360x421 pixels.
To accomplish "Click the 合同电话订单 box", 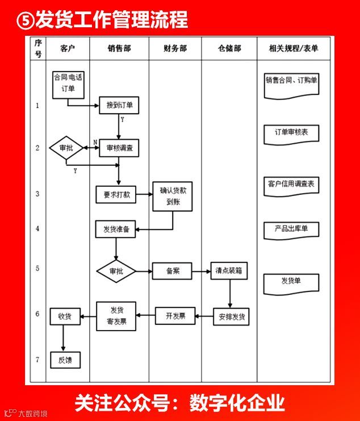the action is (68, 83).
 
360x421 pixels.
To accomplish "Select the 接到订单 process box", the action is (119, 105).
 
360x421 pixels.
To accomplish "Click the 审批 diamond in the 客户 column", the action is (66, 148).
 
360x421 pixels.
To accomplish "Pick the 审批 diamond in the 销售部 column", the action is (116, 271).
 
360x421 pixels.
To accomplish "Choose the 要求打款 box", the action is (116, 194).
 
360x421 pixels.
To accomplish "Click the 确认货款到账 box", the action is (173, 197).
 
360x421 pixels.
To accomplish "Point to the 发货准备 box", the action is (116, 230).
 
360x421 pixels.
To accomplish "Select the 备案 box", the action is (172, 271).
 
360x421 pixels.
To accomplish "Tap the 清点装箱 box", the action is (229, 271).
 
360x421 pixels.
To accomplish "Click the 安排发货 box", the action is (231, 316).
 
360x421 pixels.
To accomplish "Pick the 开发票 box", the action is (175, 315).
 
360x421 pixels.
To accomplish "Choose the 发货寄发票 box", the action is (116, 316).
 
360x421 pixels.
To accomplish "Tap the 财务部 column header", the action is (175, 49).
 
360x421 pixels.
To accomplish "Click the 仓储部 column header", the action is (229, 49).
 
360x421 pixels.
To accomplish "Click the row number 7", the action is (37, 360).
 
